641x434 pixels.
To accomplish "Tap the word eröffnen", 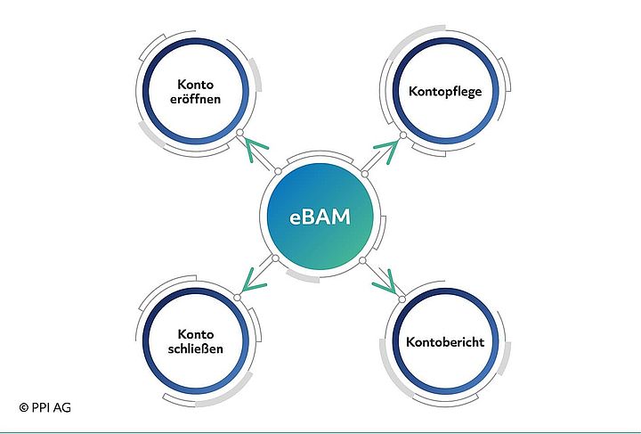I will pos(198,99).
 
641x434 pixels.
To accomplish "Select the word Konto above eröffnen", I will pos(198,83).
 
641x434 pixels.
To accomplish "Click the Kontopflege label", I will pos(445,91).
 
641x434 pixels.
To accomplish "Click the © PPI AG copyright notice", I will pos(45,407).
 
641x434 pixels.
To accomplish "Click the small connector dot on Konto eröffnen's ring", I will pos(239,134).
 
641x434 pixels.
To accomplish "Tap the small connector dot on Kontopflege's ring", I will pos(402,135).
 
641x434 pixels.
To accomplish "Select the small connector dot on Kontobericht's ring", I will pos(402,299).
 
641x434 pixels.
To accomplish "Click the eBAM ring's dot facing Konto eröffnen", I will pos(278,172).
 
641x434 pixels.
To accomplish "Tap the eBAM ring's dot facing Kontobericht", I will pos(363,260).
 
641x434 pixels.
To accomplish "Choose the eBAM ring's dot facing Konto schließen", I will pos(276,259).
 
